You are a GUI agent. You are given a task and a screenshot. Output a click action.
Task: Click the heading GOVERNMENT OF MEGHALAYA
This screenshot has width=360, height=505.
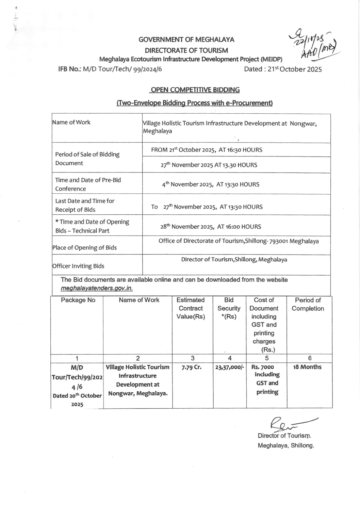186,39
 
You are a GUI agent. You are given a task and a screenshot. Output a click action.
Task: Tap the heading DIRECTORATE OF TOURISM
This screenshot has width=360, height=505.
186,50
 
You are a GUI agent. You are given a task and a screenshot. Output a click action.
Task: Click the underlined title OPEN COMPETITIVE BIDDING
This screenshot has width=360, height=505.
195,90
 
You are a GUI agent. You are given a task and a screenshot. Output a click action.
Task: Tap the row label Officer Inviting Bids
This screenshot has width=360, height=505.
78,266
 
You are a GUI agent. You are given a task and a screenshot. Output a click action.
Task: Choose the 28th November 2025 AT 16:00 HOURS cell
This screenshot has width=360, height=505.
211,227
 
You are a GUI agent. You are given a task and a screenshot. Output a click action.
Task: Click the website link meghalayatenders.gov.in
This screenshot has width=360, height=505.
97,288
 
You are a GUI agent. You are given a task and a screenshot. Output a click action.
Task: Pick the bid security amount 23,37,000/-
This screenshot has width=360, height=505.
230,367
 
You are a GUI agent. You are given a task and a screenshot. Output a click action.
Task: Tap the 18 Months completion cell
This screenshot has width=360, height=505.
307,367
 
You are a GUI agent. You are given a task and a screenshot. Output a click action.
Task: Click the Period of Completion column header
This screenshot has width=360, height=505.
308,304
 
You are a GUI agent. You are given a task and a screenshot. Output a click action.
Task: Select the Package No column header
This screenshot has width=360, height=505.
78,300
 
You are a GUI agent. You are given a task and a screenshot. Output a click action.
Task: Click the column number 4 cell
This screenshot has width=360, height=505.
230,358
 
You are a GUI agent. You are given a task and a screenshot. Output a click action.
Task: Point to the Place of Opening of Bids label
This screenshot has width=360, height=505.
84,248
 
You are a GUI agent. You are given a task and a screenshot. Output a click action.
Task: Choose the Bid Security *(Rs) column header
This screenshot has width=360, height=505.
229,308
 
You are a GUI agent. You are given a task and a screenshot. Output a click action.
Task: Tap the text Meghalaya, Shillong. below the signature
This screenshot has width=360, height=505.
286,445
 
